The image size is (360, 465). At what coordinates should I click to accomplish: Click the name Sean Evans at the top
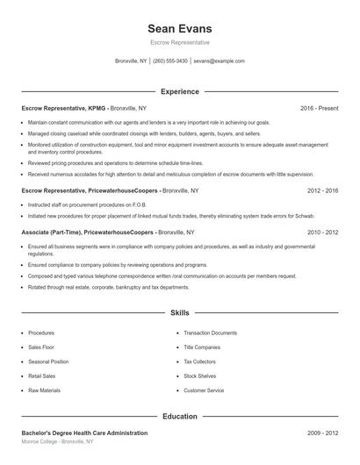coord(180,29)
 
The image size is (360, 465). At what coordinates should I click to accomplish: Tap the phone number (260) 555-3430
coord(170,61)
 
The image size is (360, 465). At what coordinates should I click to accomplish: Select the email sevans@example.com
coord(219,61)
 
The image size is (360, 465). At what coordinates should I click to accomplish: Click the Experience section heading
coord(180,91)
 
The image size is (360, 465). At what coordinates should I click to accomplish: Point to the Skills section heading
coord(180,312)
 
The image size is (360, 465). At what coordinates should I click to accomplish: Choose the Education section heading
coord(180,416)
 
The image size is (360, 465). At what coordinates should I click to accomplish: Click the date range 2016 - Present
coord(319,108)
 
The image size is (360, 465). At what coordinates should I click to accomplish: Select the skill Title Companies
coord(202,347)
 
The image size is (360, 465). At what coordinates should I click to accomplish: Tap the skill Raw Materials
coord(45,390)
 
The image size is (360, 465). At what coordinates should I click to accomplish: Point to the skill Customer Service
coord(204,390)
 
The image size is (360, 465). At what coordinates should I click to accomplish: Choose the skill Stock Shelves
coord(201,376)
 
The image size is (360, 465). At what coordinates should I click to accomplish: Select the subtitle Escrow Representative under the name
coord(180,42)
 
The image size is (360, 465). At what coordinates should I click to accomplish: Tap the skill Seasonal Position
coord(48,361)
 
